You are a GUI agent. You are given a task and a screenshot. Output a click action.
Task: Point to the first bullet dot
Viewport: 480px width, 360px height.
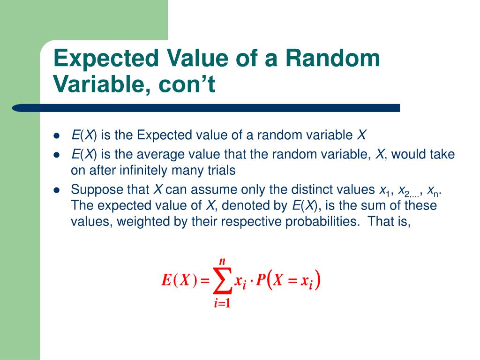coord(57,136)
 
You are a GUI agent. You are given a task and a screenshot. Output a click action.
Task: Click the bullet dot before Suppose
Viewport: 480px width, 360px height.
coord(57,190)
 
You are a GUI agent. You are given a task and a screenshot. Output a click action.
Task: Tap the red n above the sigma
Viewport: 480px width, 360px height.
coord(223,261)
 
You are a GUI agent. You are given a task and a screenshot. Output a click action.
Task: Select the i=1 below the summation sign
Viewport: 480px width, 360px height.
coord(223,303)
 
